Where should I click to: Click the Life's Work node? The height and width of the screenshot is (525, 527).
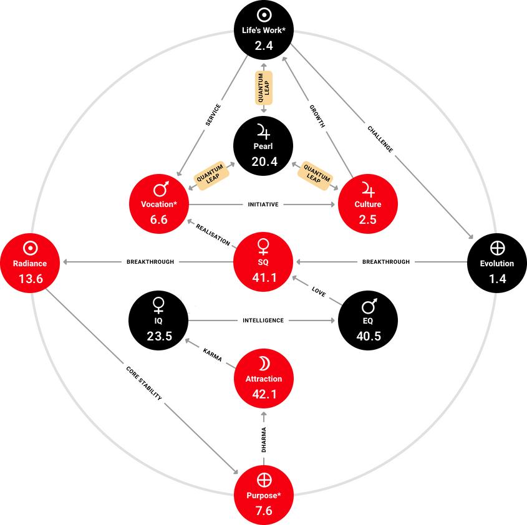tap(263, 30)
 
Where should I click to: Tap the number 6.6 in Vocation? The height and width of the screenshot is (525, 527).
tap(159, 219)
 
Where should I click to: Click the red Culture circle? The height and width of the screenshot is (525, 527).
tap(368, 204)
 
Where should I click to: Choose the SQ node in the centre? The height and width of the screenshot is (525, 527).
tap(263, 262)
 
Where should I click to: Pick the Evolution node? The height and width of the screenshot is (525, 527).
tap(497, 262)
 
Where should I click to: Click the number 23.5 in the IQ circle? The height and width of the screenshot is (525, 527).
tap(159, 336)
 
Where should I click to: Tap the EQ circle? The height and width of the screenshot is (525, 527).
tap(368, 320)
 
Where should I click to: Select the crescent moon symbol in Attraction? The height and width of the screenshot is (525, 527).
tap(263, 364)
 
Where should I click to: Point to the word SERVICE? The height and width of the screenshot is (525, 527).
tap(213, 115)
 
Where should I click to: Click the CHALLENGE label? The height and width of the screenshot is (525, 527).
tap(380, 138)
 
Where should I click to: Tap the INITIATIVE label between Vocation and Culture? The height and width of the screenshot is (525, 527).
tap(263, 204)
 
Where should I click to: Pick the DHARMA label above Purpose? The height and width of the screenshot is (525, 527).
tap(264, 439)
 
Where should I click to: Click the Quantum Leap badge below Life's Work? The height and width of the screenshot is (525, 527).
tap(263, 88)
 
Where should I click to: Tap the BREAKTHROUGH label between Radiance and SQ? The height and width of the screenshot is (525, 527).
tap(150, 262)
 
